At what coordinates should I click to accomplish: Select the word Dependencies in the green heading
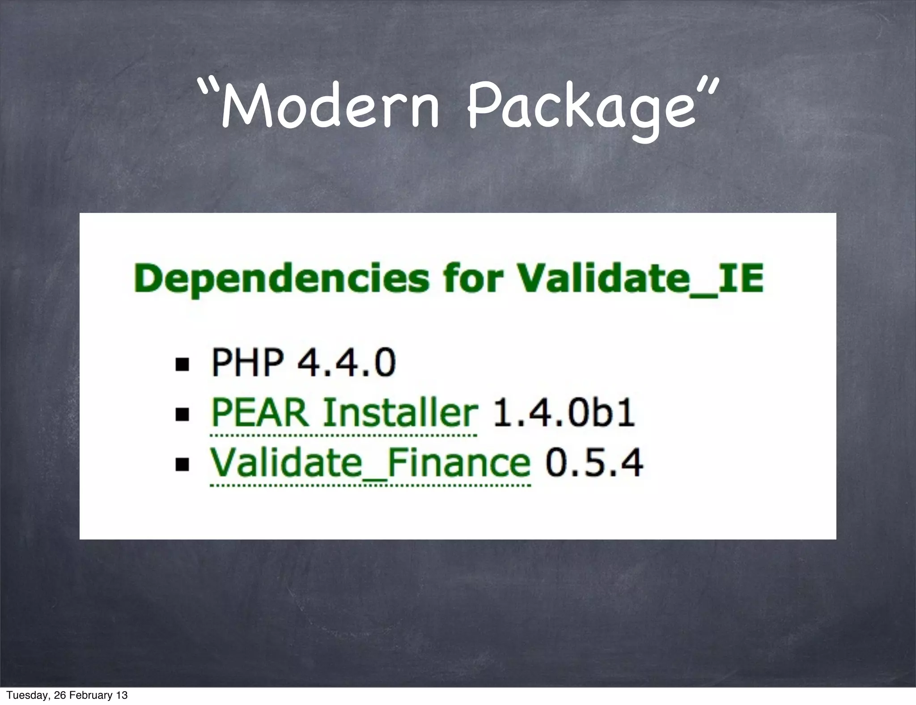pos(281,279)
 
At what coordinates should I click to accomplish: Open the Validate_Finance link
pos(370,463)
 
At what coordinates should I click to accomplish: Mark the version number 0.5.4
pos(594,463)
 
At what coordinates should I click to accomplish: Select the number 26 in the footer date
pos(59,695)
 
